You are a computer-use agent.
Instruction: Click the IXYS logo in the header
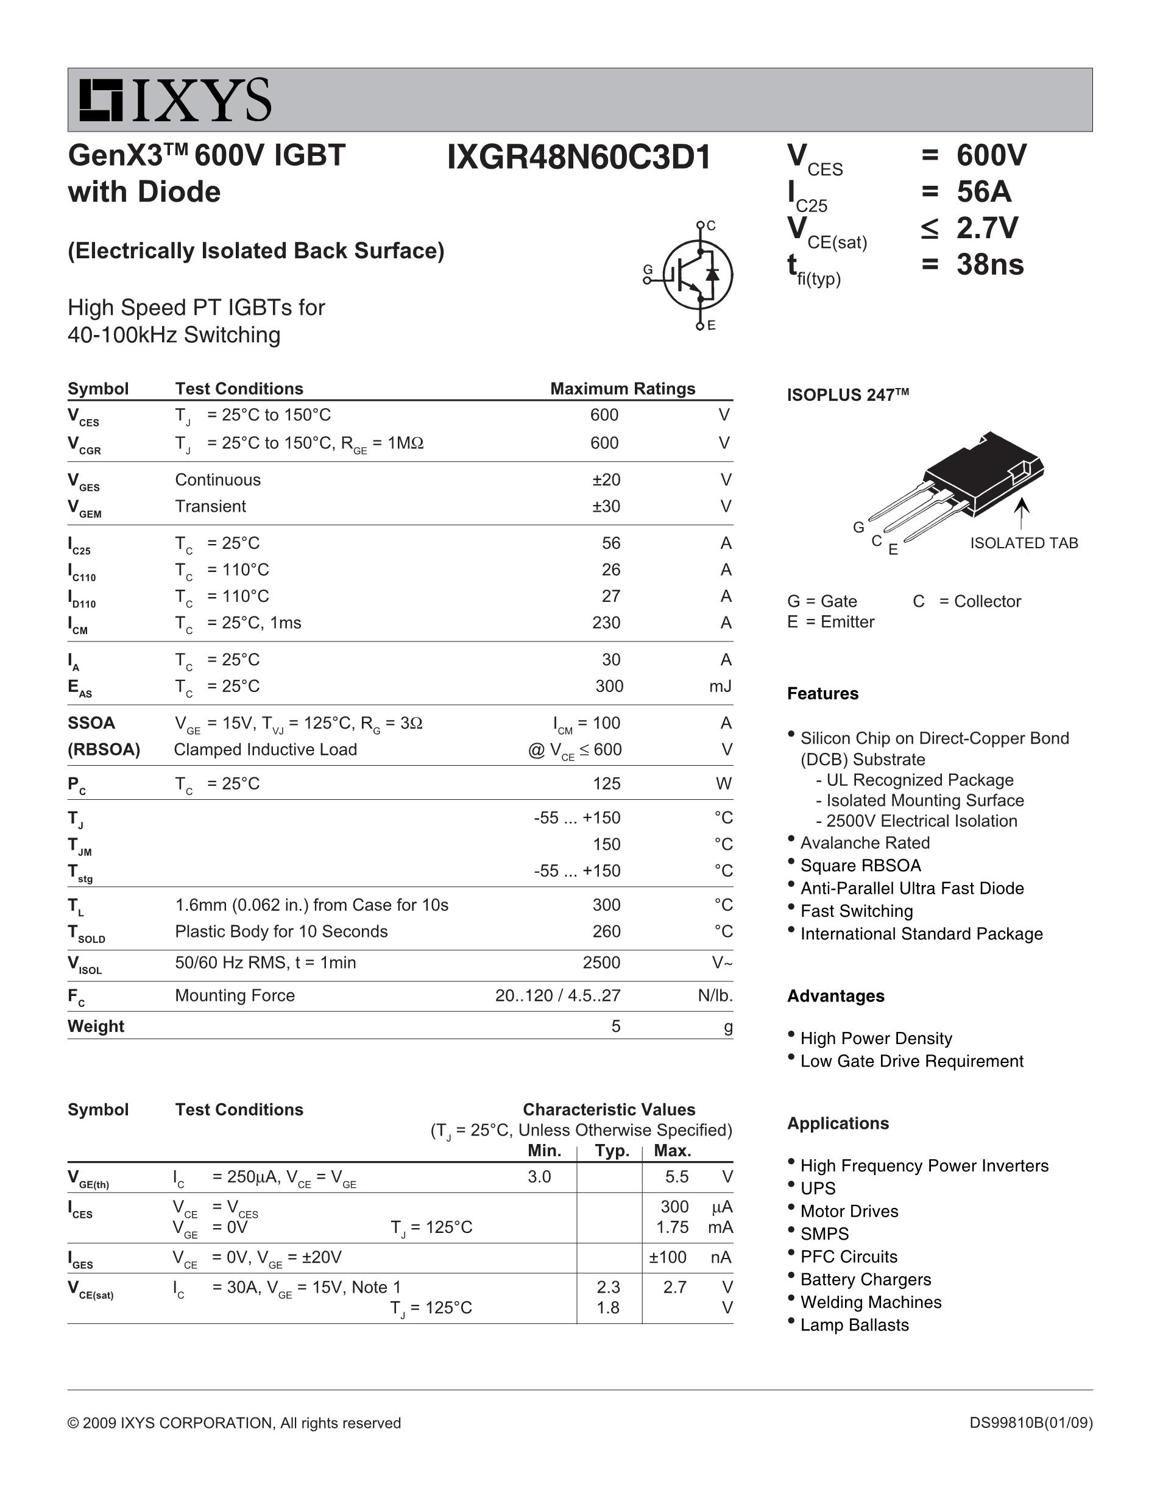click(175, 101)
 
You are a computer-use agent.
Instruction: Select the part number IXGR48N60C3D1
click(579, 157)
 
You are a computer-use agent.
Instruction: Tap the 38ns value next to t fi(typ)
click(989, 264)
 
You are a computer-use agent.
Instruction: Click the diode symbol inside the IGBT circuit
click(713, 274)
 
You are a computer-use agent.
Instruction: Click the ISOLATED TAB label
click(1024, 543)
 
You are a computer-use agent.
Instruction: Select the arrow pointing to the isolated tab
click(1022, 513)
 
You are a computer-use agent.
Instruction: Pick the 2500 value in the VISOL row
click(601, 962)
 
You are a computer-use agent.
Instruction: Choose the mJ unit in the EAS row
click(720, 686)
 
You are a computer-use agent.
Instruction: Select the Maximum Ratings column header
click(623, 389)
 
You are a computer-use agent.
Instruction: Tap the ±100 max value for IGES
click(667, 1257)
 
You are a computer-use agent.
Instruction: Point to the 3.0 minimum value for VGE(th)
click(539, 1176)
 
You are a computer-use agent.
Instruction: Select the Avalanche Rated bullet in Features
click(865, 842)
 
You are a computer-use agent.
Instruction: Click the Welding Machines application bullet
click(871, 1302)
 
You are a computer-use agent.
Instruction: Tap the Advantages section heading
click(836, 996)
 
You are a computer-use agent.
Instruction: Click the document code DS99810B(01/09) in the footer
click(1031, 1422)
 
